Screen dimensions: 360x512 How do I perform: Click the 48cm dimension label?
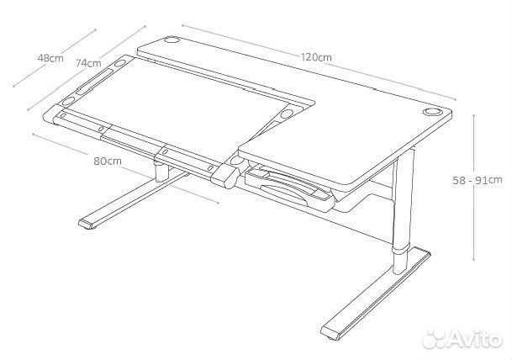click(50, 58)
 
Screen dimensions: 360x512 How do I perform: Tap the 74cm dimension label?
click(88, 63)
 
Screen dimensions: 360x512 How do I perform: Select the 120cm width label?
click(314, 57)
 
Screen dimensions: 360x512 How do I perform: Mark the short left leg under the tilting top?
click(161, 171)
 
